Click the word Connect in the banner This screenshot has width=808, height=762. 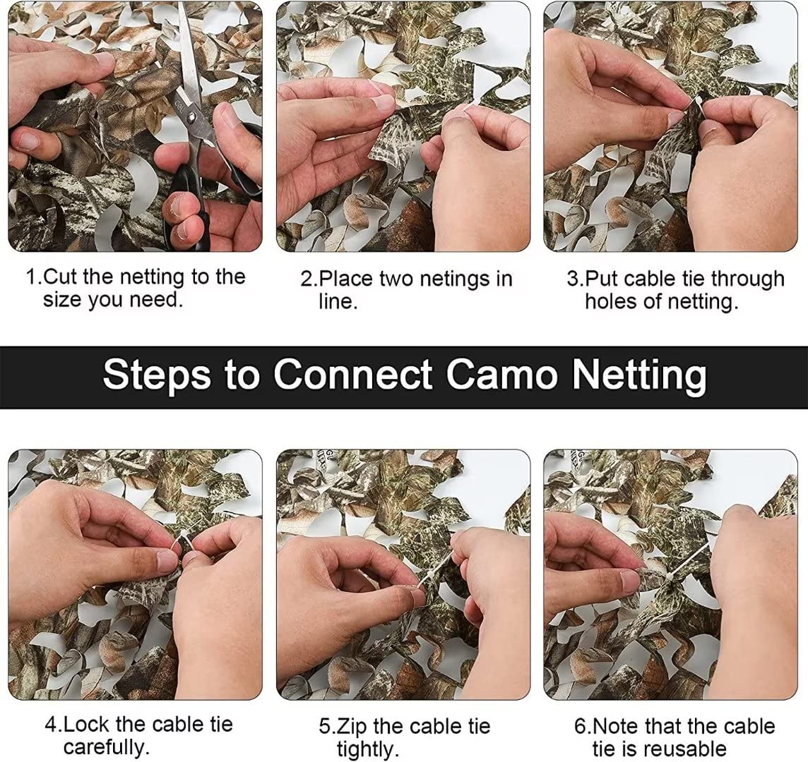[353, 374]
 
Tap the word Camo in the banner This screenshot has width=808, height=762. [501, 374]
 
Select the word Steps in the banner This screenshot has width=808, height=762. [157, 375]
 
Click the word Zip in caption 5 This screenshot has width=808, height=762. [352, 727]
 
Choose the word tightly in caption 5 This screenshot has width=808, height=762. [368, 749]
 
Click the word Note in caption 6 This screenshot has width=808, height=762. [614, 727]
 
